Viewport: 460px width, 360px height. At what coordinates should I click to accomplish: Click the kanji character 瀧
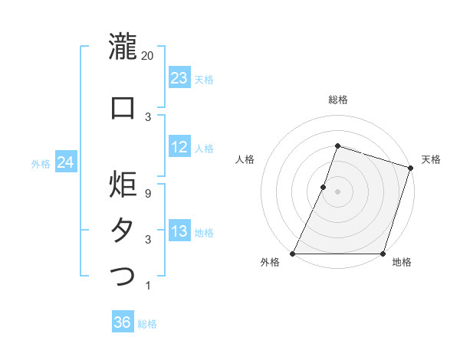[123, 46]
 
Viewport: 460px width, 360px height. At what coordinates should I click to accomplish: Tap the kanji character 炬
[123, 185]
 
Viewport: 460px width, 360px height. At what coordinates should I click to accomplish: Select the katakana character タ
[123, 230]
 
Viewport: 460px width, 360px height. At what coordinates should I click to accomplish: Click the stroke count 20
[148, 55]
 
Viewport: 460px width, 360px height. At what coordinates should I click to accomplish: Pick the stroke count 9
[148, 194]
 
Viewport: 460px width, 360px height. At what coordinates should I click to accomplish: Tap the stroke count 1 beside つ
[148, 286]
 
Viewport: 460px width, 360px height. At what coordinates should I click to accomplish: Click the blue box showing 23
[179, 78]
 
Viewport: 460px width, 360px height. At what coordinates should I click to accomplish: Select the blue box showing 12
[179, 148]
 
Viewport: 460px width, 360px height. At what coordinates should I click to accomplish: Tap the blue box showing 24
[66, 162]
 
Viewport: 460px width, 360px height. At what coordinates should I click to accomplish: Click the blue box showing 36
[122, 322]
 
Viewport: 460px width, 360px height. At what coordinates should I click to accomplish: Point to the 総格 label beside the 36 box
[147, 324]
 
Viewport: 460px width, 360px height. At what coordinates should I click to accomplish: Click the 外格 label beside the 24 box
[41, 164]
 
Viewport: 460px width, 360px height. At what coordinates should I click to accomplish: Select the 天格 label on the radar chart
[431, 159]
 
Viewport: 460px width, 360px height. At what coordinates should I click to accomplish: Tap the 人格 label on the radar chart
[245, 159]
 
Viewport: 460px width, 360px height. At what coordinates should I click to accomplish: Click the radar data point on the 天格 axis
[410, 168]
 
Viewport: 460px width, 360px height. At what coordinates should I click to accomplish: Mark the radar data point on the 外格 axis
[293, 254]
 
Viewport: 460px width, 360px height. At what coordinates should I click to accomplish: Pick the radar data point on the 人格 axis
[324, 187]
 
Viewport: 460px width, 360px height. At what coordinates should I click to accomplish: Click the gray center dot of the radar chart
[337, 191]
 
